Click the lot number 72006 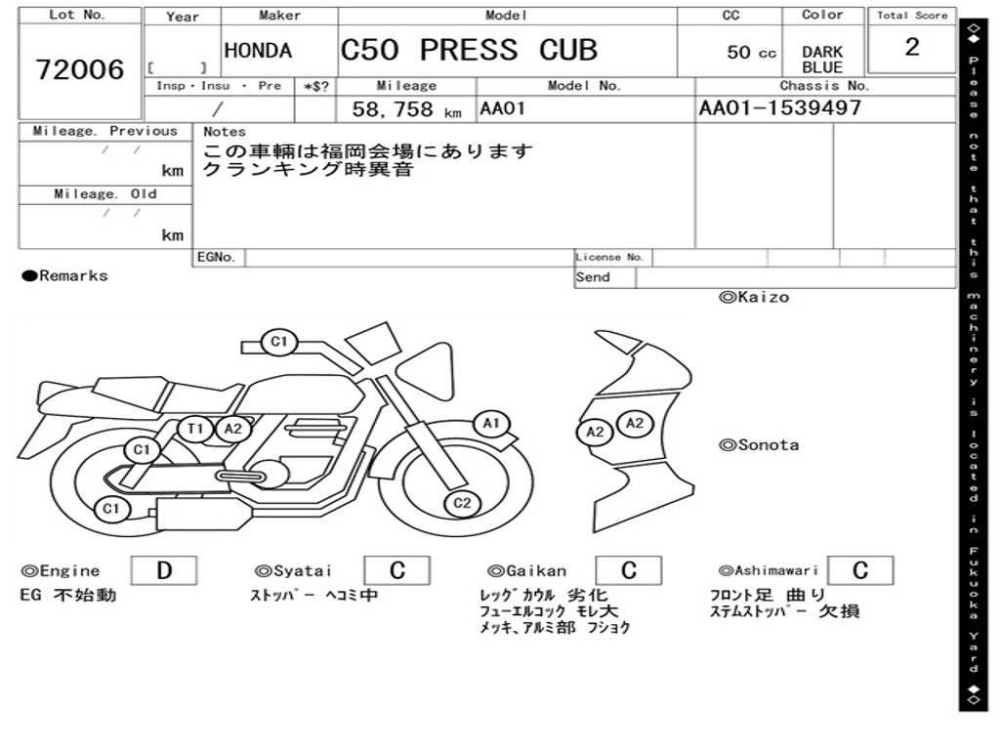pyautogui.click(x=80, y=69)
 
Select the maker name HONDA pyautogui.click(x=258, y=51)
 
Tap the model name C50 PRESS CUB pyautogui.click(x=469, y=50)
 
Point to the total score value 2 pyautogui.click(x=912, y=47)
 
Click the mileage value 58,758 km pyautogui.click(x=406, y=109)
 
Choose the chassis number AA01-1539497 pyautogui.click(x=780, y=107)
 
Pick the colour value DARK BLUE pyautogui.click(x=822, y=60)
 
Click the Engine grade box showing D pyautogui.click(x=164, y=570)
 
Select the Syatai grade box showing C pyautogui.click(x=396, y=570)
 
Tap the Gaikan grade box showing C pyautogui.click(x=629, y=570)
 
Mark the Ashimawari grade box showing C pyautogui.click(x=860, y=570)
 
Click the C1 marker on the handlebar pyautogui.click(x=278, y=342)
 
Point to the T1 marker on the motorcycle pyautogui.click(x=194, y=429)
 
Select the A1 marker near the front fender pyautogui.click(x=491, y=424)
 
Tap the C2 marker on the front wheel pyautogui.click(x=462, y=503)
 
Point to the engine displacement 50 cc pyautogui.click(x=751, y=53)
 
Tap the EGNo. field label pyautogui.click(x=216, y=257)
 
